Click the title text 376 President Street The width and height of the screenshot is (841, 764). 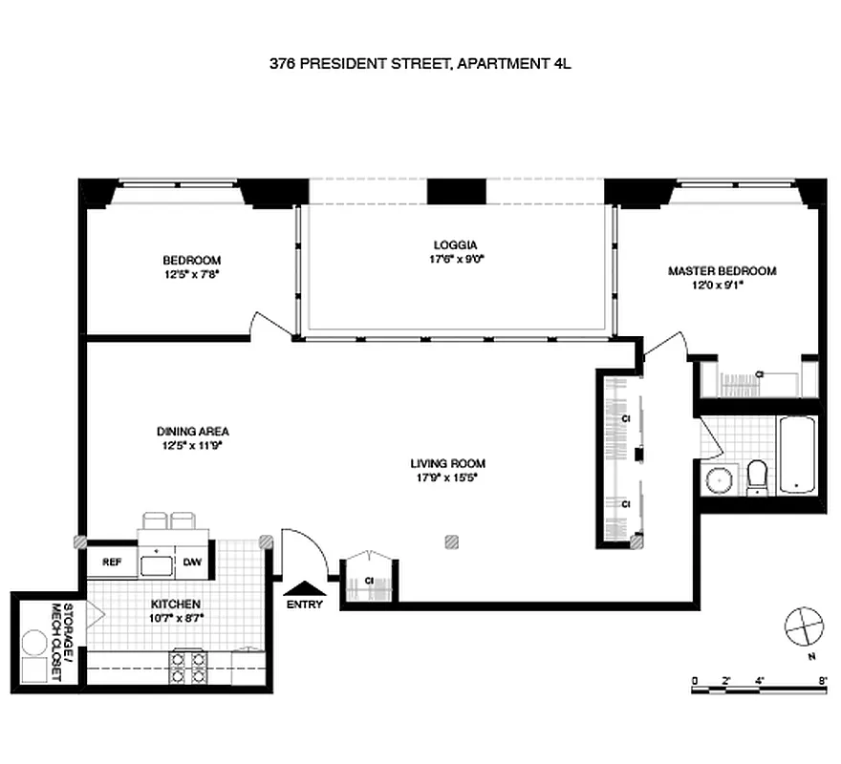pos(420,65)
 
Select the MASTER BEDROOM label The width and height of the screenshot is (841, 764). pos(722,271)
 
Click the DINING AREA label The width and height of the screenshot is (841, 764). pos(193,431)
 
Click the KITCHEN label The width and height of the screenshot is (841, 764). pos(175,605)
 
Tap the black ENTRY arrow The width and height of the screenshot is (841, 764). pos(304,589)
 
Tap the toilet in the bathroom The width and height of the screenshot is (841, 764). pos(757,477)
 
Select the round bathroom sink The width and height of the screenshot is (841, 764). pos(718,480)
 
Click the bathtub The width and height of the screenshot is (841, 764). pos(796,455)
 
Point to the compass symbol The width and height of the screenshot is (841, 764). pos(802,628)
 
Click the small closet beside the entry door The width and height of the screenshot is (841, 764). pos(368,579)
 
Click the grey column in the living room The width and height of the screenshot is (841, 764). pos(451,541)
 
